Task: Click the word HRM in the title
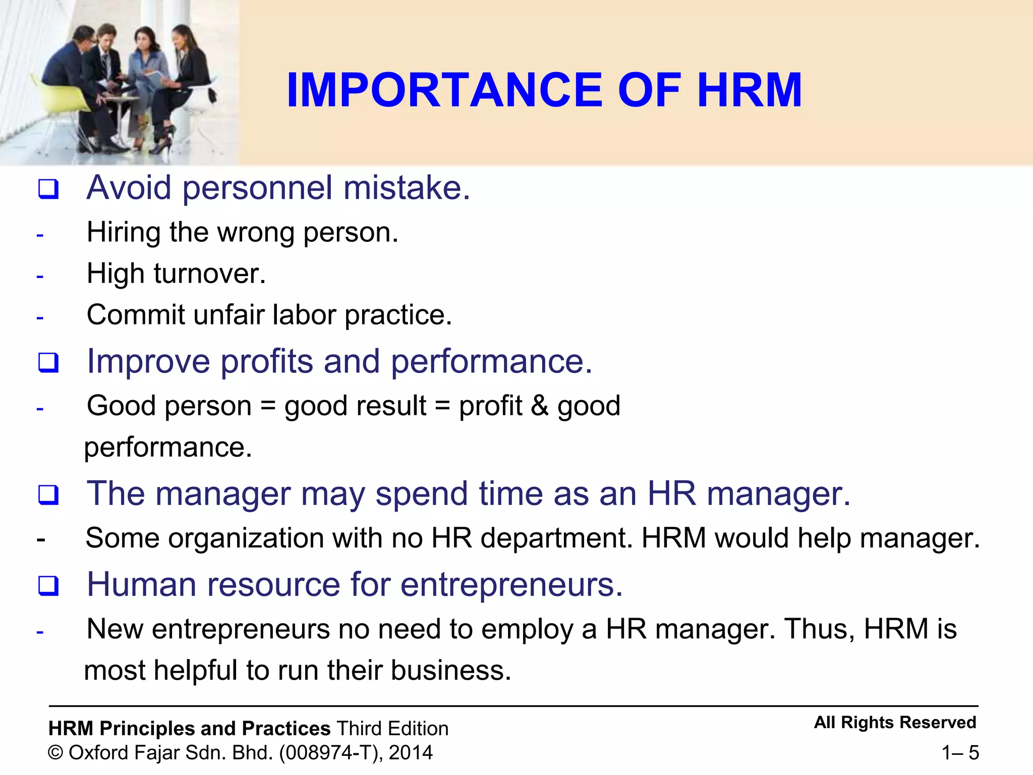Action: (x=750, y=90)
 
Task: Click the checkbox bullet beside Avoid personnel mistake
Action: (x=48, y=189)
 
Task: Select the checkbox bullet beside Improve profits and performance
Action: (x=48, y=363)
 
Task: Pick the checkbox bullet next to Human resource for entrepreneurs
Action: (x=48, y=586)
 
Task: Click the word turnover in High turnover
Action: (x=209, y=274)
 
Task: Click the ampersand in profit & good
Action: (x=539, y=406)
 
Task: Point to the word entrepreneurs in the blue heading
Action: (x=511, y=585)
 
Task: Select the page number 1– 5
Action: (x=960, y=753)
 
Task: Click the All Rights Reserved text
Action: (x=895, y=723)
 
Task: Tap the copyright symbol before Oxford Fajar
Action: (x=55, y=753)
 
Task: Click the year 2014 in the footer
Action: (x=411, y=753)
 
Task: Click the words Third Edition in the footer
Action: (x=392, y=729)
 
